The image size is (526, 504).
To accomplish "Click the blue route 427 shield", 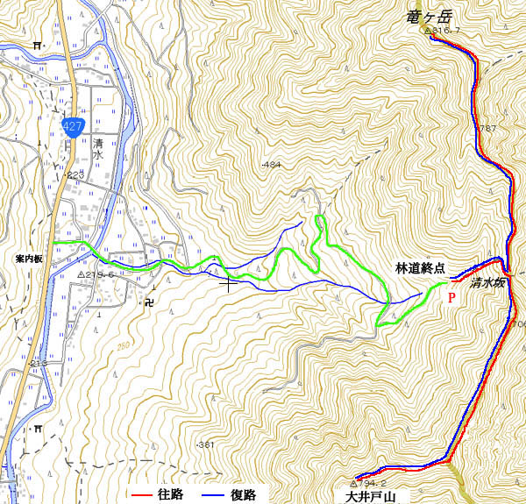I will tap(73, 126).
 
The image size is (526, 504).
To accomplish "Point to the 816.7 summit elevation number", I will tap(445, 32).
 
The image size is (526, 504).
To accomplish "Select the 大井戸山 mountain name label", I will tap(366, 497).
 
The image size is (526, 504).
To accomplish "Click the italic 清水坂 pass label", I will tap(487, 283).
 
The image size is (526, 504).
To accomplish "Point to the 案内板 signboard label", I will tap(29, 260).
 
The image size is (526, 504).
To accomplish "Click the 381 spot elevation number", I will tap(207, 445).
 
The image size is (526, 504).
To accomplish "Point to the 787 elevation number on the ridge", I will tap(487, 129).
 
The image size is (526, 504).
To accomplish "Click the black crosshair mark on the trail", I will tap(229, 281).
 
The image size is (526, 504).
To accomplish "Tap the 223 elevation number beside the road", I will tap(75, 175).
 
